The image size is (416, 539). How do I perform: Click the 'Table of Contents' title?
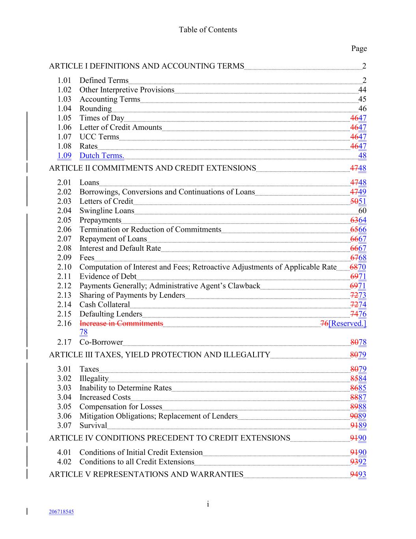click(208, 30)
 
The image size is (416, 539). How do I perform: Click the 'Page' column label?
click(359, 49)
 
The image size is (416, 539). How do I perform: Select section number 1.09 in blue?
click(64, 156)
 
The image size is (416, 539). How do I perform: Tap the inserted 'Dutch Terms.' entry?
click(102, 156)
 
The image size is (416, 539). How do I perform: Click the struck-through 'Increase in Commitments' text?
click(121, 323)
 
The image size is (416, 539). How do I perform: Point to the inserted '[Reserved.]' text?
click(347, 323)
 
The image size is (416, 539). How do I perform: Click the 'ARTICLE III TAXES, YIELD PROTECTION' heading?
click(159, 355)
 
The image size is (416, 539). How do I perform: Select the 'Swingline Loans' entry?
click(106, 210)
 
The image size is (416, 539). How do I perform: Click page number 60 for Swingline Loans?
click(362, 210)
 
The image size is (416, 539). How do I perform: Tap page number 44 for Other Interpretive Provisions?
click(362, 90)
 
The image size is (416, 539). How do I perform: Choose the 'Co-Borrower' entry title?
click(101, 342)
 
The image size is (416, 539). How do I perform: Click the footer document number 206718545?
click(61, 512)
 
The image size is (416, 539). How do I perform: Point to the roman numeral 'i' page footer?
click(207, 504)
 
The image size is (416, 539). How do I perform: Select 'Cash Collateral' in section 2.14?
click(104, 304)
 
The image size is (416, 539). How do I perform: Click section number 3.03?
click(64, 388)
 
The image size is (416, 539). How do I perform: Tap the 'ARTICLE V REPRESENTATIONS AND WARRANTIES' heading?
click(146, 474)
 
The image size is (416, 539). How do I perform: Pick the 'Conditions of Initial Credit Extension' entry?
click(141, 452)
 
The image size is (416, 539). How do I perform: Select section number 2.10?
click(64, 267)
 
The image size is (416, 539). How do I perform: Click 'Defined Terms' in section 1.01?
click(104, 80)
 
